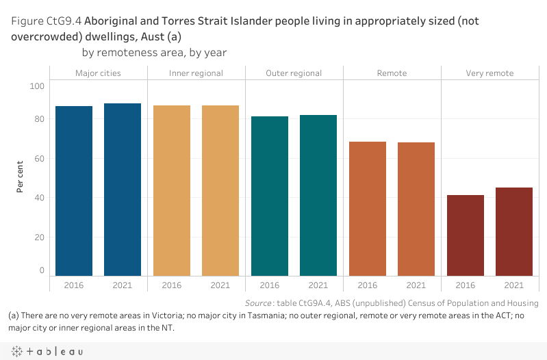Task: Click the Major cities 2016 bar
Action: point(74,191)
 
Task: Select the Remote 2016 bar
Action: point(368,209)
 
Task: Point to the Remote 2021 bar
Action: point(416,209)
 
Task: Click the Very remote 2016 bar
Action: point(466,235)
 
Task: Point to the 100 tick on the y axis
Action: point(37,86)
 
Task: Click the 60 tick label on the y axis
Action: point(39,159)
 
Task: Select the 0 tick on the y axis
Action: point(41,270)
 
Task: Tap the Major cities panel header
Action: point(98,73)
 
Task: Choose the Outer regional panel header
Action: point(294,73)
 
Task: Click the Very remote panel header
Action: point(489,73)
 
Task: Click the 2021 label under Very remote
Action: point(514,285)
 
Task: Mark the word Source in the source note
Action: point(259,303)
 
